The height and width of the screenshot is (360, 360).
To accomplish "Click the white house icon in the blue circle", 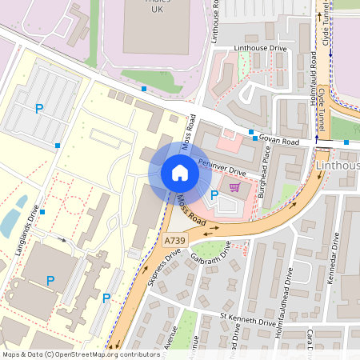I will click(180, 173).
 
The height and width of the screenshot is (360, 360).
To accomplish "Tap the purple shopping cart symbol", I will click(234, 187).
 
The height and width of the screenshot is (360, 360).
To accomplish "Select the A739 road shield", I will click(174, 240).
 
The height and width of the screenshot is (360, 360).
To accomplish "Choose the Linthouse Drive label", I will click(260, 49).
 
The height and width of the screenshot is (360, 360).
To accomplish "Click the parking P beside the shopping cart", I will click(214, 194).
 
